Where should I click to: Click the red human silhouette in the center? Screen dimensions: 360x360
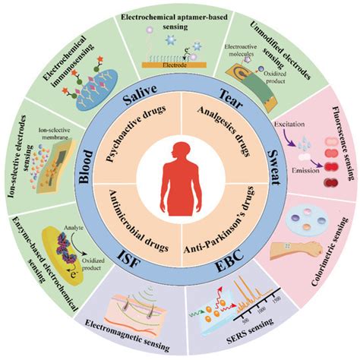180,179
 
